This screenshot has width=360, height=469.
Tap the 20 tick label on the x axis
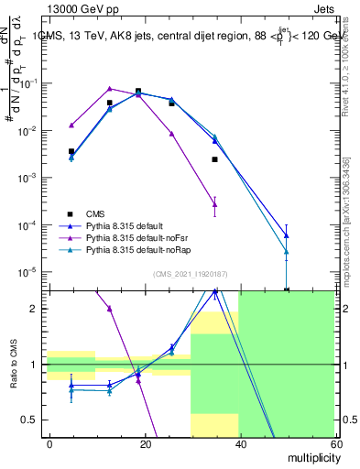coord(145,442)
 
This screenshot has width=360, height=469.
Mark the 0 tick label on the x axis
coord(50,442)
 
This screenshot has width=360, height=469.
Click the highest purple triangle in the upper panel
coord(110,89)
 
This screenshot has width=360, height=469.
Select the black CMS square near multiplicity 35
coord(214,159)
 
